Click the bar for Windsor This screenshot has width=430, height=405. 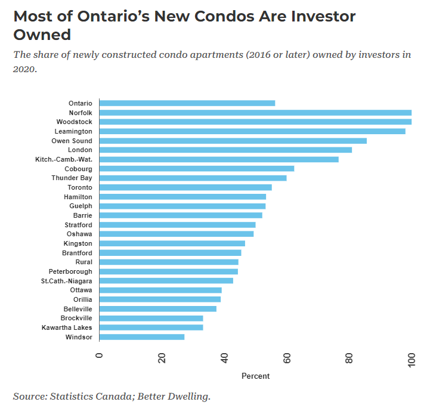point(142,337)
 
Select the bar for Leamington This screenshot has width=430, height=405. point(252,131)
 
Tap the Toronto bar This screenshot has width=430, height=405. point(185,187)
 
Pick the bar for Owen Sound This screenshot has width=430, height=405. point(233,141)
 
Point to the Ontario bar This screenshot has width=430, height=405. point(187,103)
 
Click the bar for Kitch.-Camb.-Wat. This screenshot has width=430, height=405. point(219,159)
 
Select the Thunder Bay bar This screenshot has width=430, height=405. point(193,178)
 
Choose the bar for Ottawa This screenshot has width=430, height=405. point(160,290)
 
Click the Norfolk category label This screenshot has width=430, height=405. point(81,113)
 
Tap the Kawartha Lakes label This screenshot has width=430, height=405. point(67,327)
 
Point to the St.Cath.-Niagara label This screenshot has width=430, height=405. point(66,281)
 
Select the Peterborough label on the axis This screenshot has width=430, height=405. point(70,271)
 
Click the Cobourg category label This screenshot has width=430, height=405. point(78,169)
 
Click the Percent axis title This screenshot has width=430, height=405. point(255,376)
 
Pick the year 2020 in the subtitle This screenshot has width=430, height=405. point(25,69)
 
